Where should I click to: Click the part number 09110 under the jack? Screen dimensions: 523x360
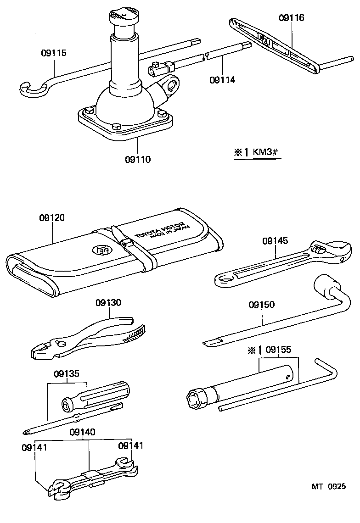(137, 160)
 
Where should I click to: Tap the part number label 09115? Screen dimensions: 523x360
(53, 53)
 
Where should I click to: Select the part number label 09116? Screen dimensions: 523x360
(291, 18)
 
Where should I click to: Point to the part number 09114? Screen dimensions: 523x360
(222, 80)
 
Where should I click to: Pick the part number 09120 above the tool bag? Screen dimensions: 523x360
(51, 217)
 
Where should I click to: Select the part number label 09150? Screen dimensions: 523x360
(262, 305)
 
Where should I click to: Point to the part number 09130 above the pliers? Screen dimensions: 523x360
(108, 303)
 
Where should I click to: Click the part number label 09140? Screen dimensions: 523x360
(83, 432)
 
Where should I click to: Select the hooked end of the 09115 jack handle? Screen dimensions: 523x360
(32, 88)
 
